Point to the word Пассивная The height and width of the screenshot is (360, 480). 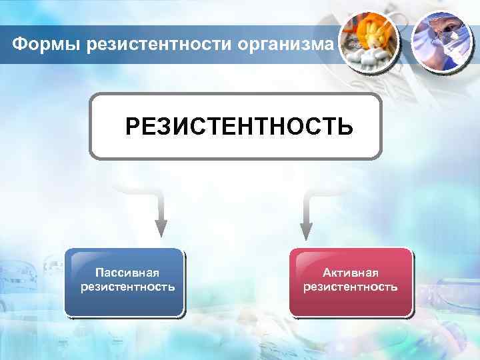[127, 273]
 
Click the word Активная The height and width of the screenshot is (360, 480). [351, 273]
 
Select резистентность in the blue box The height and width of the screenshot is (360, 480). [127, 287]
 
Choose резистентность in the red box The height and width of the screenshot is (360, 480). [351, 287]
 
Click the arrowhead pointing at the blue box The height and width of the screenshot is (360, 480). [161, 228]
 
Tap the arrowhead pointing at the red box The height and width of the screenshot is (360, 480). [306, 229]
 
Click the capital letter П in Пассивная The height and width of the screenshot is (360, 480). [99, 273]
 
